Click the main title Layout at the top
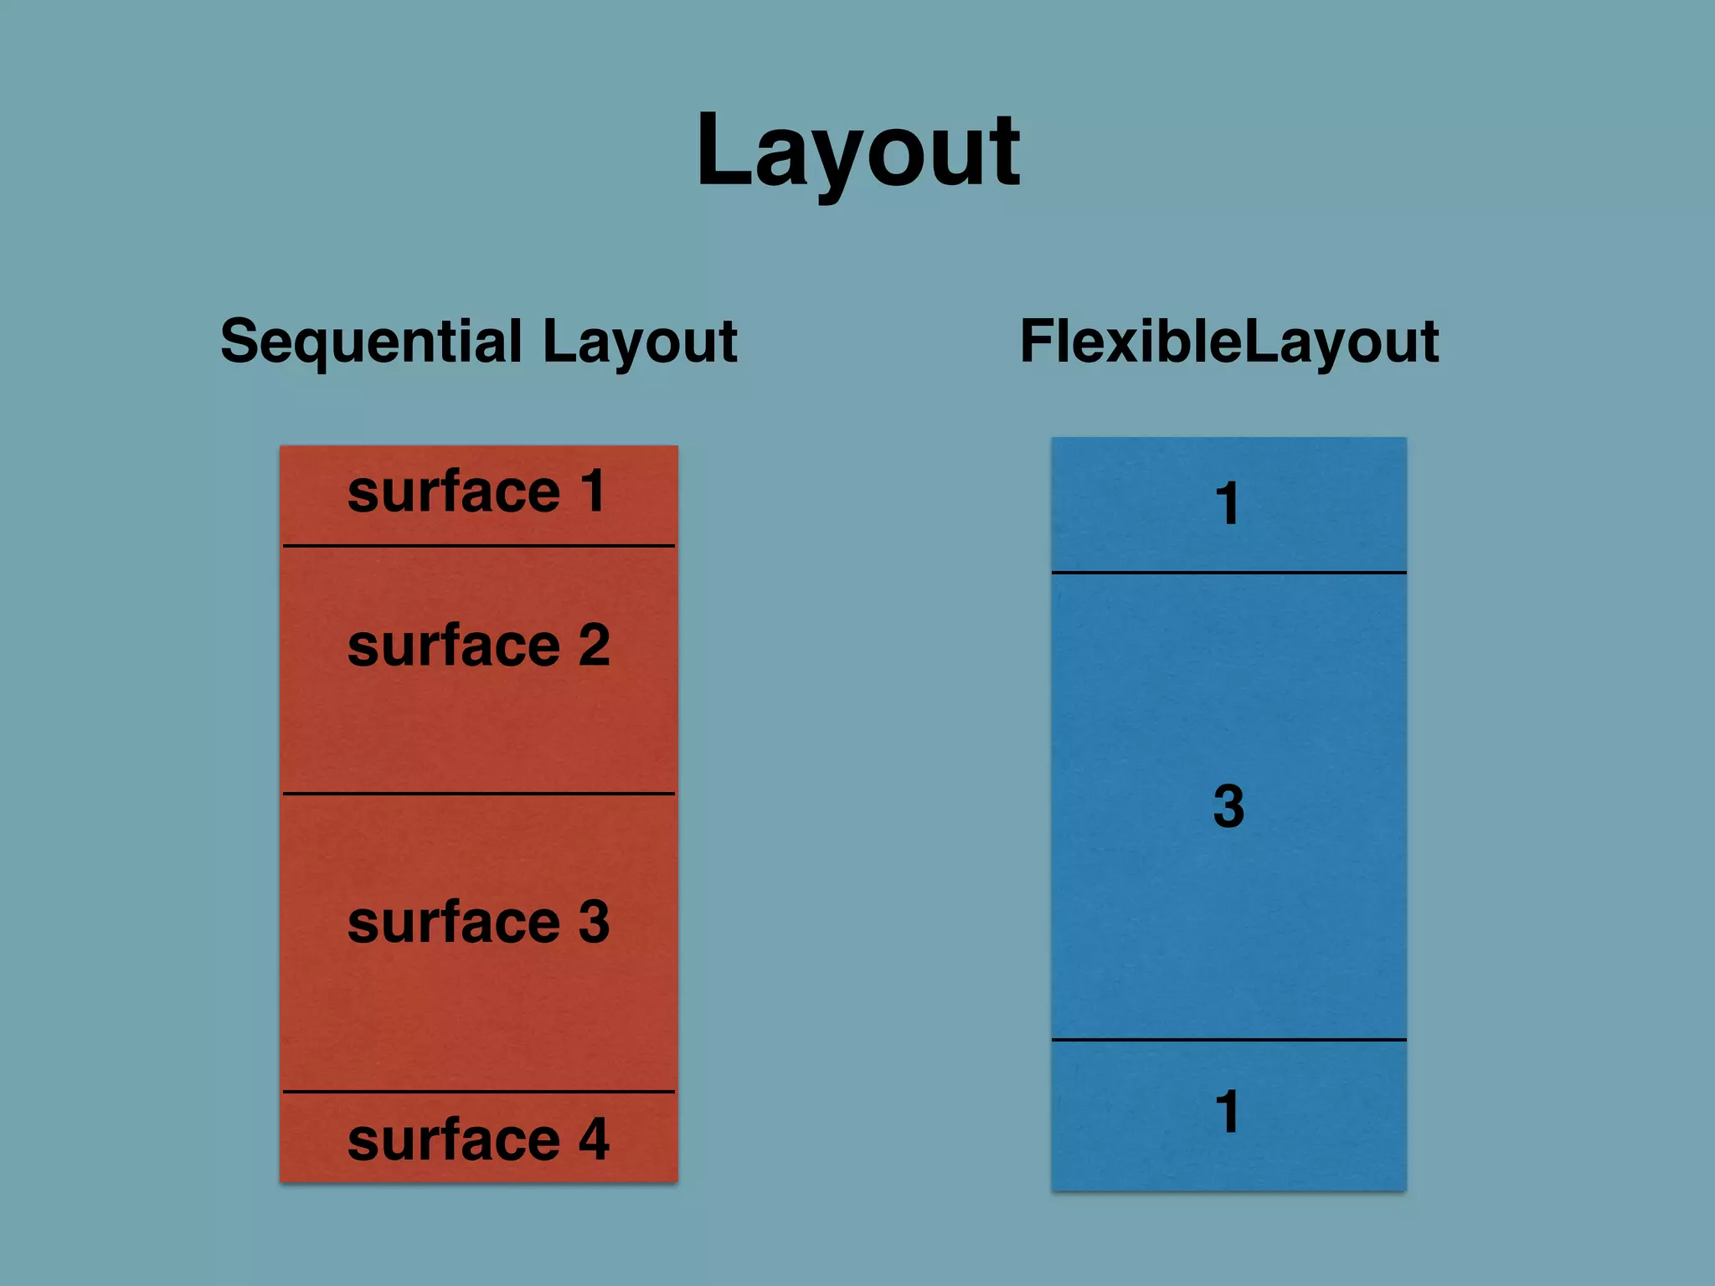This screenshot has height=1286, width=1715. click(x=857, y=152)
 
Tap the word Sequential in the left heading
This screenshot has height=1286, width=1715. click(x=371, y=342)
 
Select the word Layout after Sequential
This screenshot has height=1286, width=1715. click(x=639, y=342)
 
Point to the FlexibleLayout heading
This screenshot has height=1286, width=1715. click(x=1228, y=342)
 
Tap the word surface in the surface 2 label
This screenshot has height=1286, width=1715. click(x=453, y=646)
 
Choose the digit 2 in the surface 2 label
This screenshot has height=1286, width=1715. click(x=593, y=645)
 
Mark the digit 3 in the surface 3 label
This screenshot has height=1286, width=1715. click(x=593, y=921)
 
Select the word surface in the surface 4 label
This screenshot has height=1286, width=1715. click(x=453, y=1139)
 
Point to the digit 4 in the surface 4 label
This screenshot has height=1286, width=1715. click(x=593, y=1139)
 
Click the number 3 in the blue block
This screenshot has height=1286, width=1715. click(x=1228, y=806)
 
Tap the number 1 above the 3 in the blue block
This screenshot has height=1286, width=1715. click(x=1228, y=504)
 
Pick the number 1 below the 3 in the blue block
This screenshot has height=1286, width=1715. click(x=1228, y=1112)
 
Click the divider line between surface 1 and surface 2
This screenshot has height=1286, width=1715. click(x=479, y=546)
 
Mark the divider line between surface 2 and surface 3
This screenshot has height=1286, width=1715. click(x=479, y=793)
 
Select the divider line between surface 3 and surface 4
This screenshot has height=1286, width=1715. click(x=479, y=1092)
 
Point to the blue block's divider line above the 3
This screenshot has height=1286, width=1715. click(x=1228, y=573)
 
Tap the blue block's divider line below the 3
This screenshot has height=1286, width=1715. click(x=1228, y=1040)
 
